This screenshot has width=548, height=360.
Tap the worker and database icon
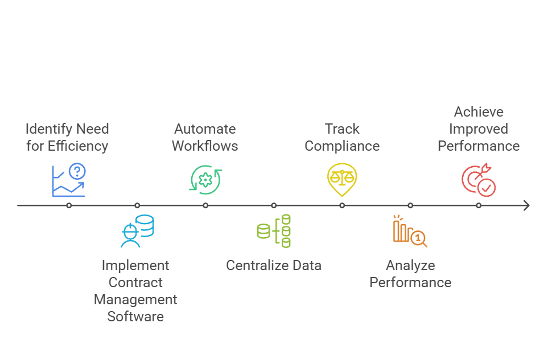click(x=137, y=231)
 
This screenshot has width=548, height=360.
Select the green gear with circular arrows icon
click(x=205, y=180)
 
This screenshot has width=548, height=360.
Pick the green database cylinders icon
click(x=274, y=231)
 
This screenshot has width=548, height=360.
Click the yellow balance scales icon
click(x=342, y=179)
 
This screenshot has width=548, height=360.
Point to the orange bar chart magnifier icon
click(x=410, y=231)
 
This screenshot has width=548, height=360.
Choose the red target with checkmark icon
click(x=478, y=180)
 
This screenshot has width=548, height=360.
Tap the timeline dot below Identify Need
click(x=69, y=205)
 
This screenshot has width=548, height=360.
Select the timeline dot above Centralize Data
click(x=274, y=205)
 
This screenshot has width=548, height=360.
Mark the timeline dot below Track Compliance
click(x=342, y=205)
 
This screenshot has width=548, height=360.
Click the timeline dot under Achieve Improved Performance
click(x=479, y=205)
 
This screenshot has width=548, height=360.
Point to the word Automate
click(x=205, y=129)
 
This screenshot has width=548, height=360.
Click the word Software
click(x=135, y=317)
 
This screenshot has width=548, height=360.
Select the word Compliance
click(x=342, y=146)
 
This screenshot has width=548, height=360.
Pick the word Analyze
click(x=410, y=266)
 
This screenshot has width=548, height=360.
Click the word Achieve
click(x=479, y=112)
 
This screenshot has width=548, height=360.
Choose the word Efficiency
click(x=78, y=146)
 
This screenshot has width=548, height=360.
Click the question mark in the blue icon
click(x=77, y=171)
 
